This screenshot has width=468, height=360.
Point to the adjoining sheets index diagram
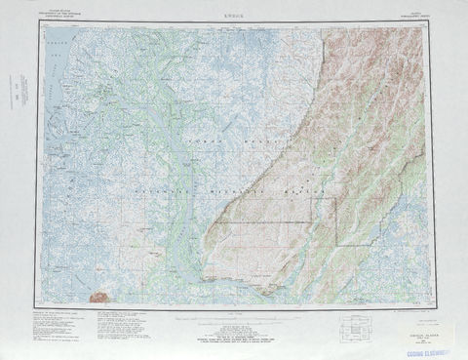tap(360, 329)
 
